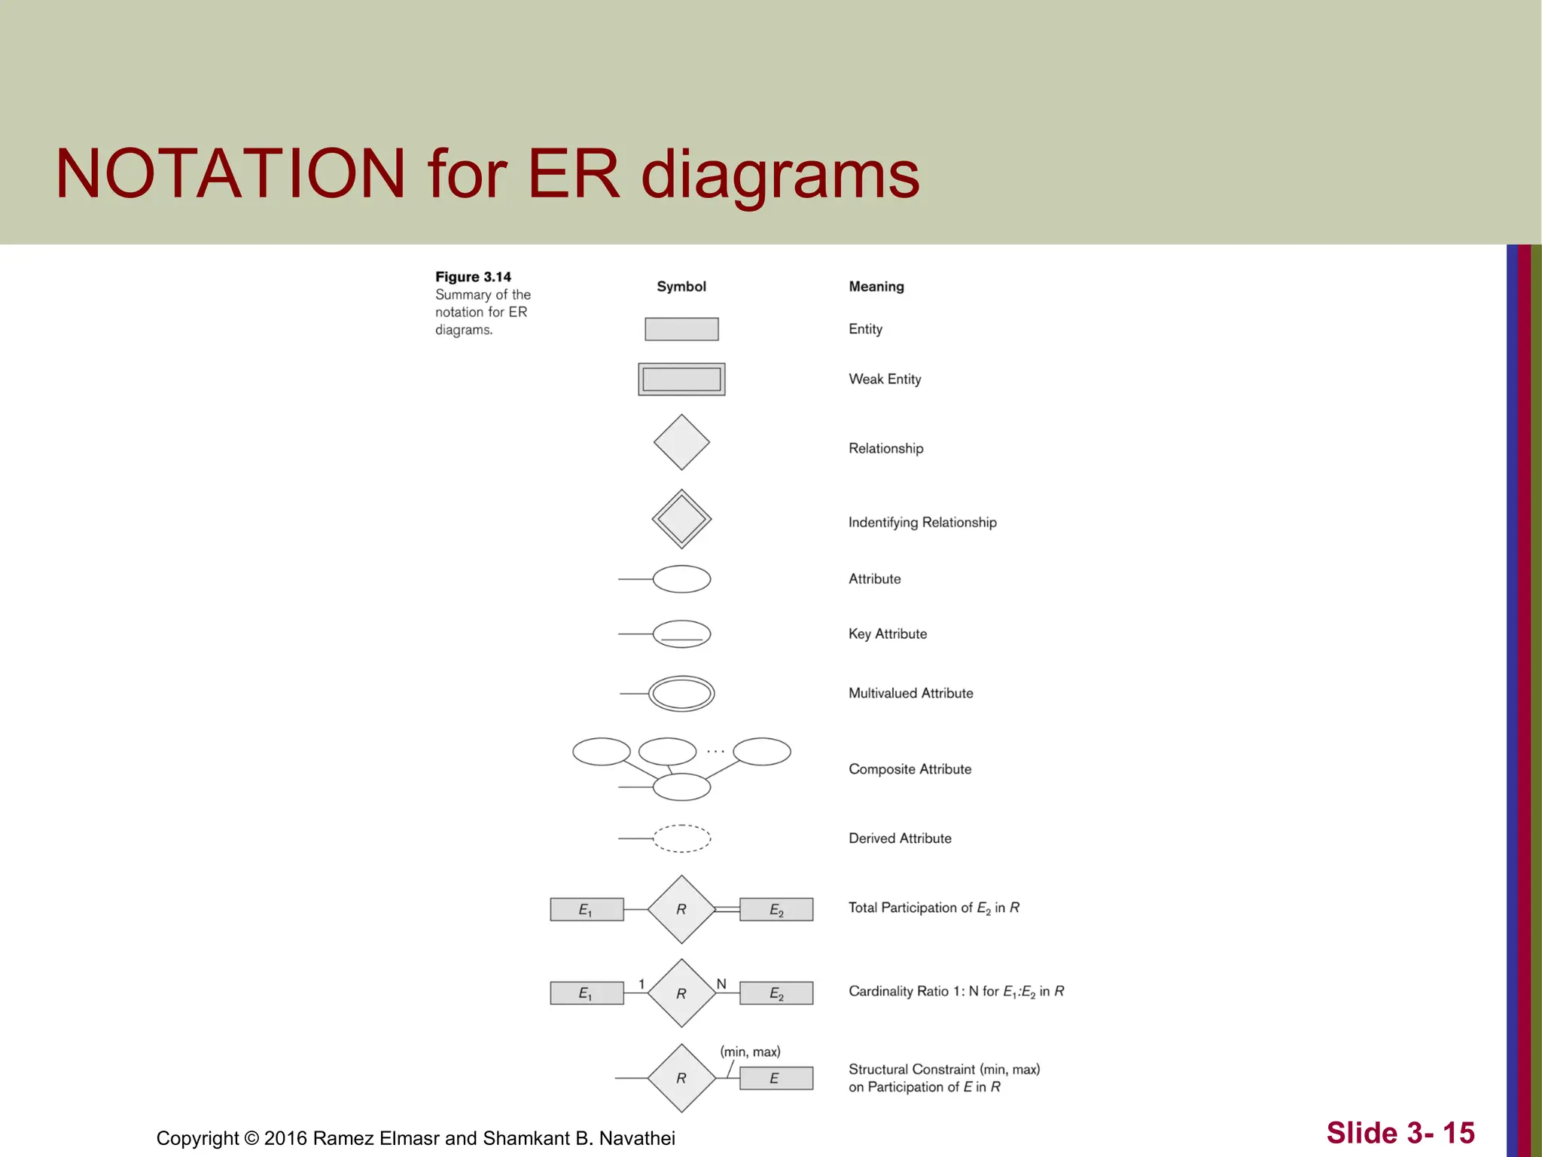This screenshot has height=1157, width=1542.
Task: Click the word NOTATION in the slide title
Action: click(230, 174)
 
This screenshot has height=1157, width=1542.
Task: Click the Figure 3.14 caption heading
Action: click(473, 276)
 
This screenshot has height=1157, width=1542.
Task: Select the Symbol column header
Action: click(681, 286)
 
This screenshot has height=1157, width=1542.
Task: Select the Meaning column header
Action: click(876, 286)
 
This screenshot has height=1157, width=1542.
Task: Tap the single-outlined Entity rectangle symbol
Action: click(681, 329)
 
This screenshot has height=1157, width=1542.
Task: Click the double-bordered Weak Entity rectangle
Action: click(681, 379)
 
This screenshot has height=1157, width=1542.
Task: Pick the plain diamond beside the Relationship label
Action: click(681, 442)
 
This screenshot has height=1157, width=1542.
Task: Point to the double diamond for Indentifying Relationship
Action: click(681, 519)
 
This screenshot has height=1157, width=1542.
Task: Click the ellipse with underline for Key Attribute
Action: click(681, 633)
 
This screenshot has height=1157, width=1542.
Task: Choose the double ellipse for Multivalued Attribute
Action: click(681, 693)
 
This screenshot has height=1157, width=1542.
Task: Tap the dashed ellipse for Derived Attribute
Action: click(681, 838)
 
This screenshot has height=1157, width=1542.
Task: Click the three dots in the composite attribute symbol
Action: click(715, 751)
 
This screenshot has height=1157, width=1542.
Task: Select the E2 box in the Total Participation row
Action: click(776, 909)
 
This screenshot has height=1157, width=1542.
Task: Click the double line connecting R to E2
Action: click(727, 909)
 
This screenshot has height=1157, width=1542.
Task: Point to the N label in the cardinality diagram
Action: click(721, 984)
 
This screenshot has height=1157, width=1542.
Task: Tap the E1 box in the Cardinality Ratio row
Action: click(587, 993)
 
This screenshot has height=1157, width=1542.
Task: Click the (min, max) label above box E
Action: click(750, 1052)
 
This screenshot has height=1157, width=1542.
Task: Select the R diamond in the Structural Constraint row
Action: click(681, 1078)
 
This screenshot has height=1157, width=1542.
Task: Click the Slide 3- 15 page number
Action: click(1400, 1133)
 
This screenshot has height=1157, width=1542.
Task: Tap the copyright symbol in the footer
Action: click(251, 1138)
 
